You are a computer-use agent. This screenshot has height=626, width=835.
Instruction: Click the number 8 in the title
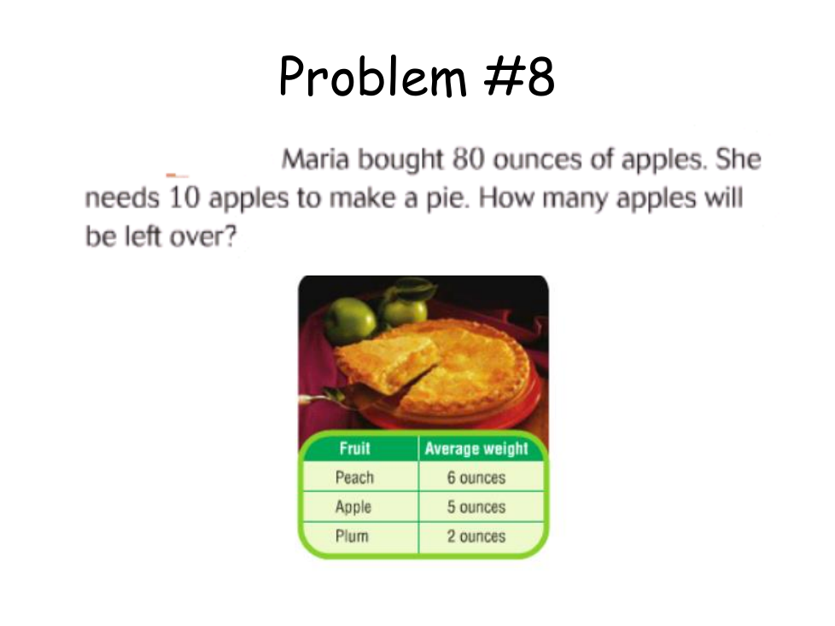coord(540,78)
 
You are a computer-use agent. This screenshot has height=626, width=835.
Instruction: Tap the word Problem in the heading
coord(373,77)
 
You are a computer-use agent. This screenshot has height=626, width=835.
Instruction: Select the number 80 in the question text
coord(469,159)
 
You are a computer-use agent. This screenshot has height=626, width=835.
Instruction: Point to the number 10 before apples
coord(184,198)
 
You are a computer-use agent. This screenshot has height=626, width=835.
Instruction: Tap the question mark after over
coord(230,237)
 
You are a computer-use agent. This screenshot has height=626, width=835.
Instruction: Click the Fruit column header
coord(354,449)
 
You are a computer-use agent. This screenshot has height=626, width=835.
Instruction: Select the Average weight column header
coord(476,449)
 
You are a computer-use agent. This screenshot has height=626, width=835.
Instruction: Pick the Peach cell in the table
coord(354,478)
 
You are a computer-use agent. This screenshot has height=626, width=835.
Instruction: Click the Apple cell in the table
coord(353,507)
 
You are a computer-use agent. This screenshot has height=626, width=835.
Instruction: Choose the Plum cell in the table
coord(352,536)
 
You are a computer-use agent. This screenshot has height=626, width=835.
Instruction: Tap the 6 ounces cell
coord(476,478)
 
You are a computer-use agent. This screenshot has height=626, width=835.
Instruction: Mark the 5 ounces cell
coord(476,507)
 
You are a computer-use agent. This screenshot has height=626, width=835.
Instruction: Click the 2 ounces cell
coord(476,536)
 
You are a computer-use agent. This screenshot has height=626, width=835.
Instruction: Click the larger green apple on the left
coord(350,320)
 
